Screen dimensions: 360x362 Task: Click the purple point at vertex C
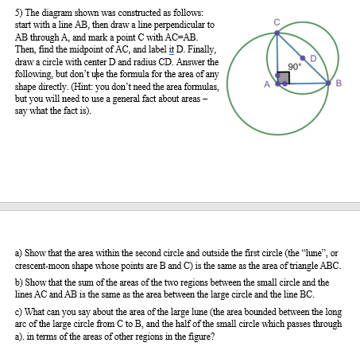pos(277,33)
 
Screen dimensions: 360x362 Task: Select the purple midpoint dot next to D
pos(302,58)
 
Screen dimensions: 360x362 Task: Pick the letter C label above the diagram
pos(277,21)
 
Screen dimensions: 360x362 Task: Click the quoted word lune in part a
pos(310,252)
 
